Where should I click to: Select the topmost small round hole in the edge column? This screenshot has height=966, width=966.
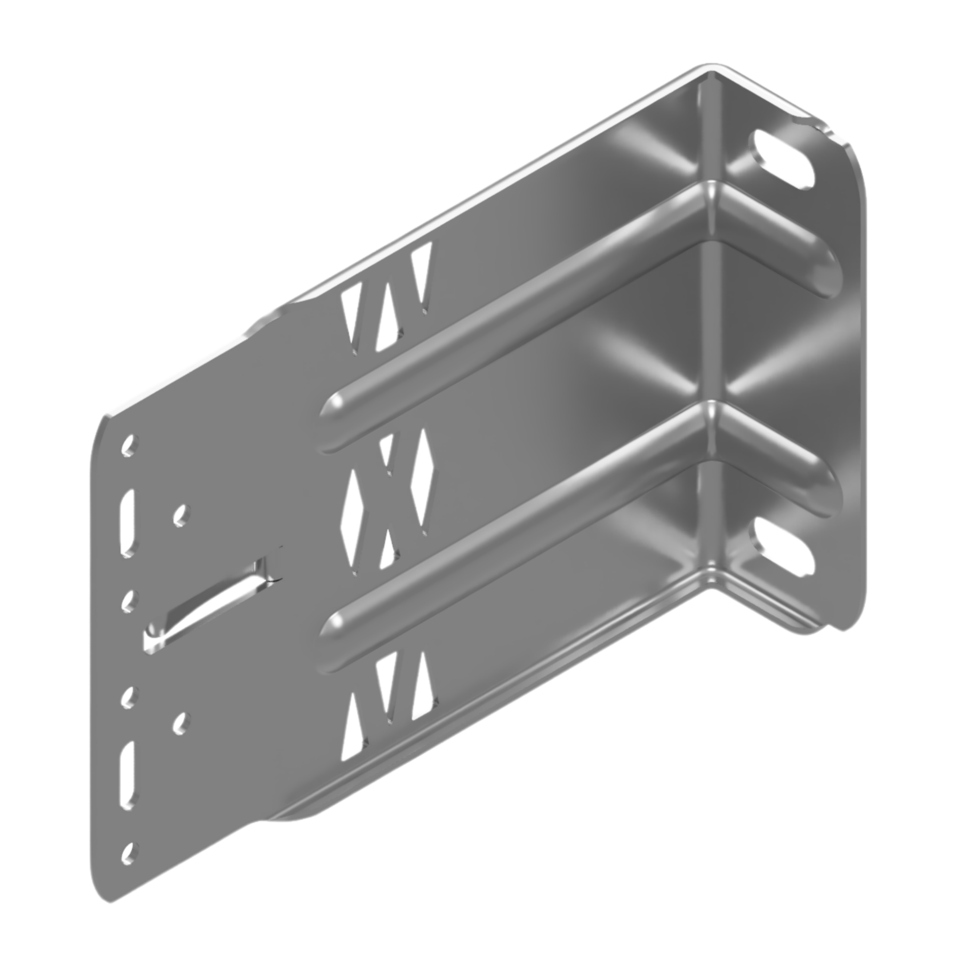pos(129,446)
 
